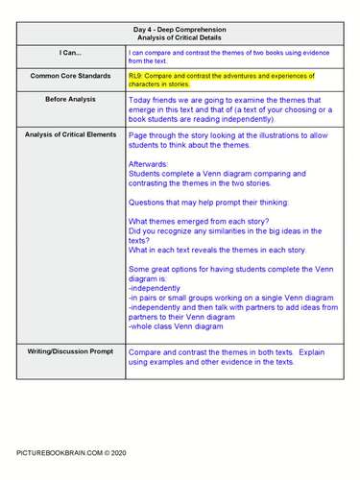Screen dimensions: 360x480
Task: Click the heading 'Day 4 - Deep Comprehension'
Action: [180, 30]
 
